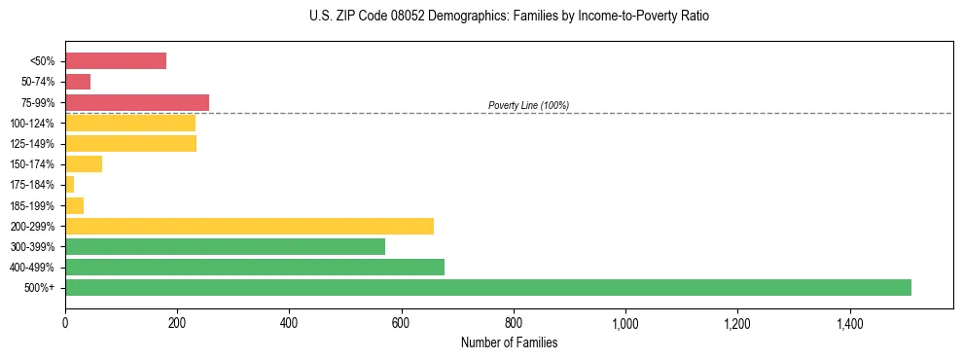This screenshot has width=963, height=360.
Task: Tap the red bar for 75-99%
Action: [x=137, y=102]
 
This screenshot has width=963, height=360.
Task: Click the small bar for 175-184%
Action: [x=70, y=185]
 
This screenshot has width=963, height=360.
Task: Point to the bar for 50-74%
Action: [x=78, y=82]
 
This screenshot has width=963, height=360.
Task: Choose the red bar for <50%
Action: [x=116, y=61]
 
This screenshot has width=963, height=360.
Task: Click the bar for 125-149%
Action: [x=130, y=144]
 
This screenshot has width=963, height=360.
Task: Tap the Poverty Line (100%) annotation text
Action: [x=528, y=105]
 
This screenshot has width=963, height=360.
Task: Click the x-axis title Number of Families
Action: [x=509, y=342]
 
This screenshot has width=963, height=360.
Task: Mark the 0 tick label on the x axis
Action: [x=65, y=322]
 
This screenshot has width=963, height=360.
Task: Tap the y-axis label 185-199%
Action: [x=33, y=205]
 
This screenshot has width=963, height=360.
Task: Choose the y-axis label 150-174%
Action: [x=33, y=164]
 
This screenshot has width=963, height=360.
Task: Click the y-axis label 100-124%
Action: [x=33, y=124]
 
